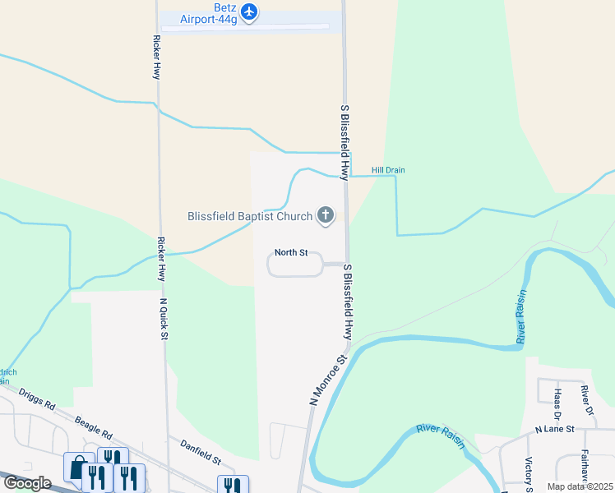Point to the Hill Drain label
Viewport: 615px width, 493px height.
point(388,170)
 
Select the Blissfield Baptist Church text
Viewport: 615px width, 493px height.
point(250,217)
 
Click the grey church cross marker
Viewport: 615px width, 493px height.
point(326,216)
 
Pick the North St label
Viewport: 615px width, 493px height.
point(291,253)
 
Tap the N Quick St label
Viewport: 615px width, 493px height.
point(164,318)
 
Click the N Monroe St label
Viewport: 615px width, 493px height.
point(329,379)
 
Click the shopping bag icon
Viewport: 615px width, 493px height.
point(78,467)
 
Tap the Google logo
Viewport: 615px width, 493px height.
point(27,483)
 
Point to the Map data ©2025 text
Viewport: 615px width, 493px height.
point(580,486)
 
